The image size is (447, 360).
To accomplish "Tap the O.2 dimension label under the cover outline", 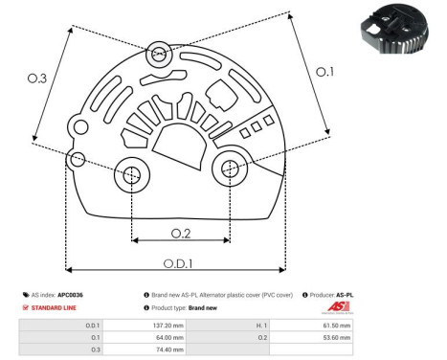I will (179, 232).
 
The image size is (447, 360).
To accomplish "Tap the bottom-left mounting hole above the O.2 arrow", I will (129, 174).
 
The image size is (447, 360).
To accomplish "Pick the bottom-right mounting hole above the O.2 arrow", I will (230, 169).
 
